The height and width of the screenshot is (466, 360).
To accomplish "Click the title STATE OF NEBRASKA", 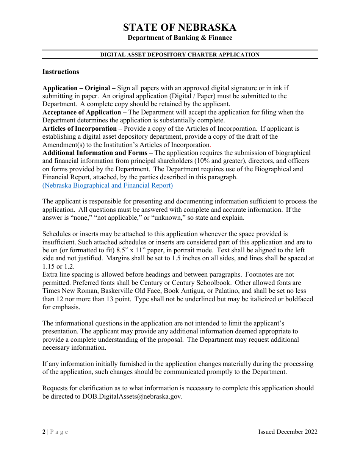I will click(x=180, y=27).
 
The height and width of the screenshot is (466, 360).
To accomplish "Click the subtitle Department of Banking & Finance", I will click(x=180, y=38).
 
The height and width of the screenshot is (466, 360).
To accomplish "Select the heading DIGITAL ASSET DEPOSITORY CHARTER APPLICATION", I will click(x=180, y=55).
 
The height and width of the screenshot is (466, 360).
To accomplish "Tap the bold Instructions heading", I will click(x=61, y=72).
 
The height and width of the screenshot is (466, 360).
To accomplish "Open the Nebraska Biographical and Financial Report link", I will click(x=108, y=185).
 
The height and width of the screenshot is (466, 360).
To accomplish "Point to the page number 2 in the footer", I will click(x=44, y=432).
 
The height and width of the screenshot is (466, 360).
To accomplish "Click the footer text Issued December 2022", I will click(x=288, y=432).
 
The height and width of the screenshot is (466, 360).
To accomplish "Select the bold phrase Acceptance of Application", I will click(x=81, y=112).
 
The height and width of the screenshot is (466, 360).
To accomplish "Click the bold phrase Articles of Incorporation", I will click(x=79, y=128).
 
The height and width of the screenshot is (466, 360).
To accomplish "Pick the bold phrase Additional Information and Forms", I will click(x=95, y=153).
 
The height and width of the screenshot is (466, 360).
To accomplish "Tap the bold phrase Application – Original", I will click(x=76, y=88).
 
